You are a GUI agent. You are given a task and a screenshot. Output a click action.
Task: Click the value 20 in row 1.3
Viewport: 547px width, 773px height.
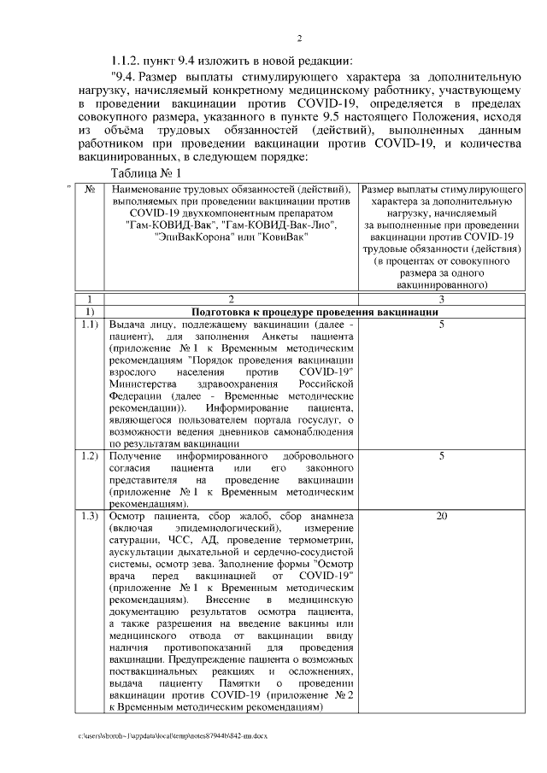441,517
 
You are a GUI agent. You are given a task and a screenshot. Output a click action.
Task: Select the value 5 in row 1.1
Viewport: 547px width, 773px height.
441,325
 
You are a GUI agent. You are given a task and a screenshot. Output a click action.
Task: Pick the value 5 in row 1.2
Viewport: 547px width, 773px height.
441,457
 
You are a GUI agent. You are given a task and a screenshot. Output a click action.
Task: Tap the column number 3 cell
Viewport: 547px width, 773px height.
441,301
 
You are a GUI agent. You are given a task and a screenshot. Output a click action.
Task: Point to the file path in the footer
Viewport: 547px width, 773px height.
172,735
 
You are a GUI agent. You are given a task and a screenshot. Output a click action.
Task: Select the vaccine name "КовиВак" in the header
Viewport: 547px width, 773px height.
282,236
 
